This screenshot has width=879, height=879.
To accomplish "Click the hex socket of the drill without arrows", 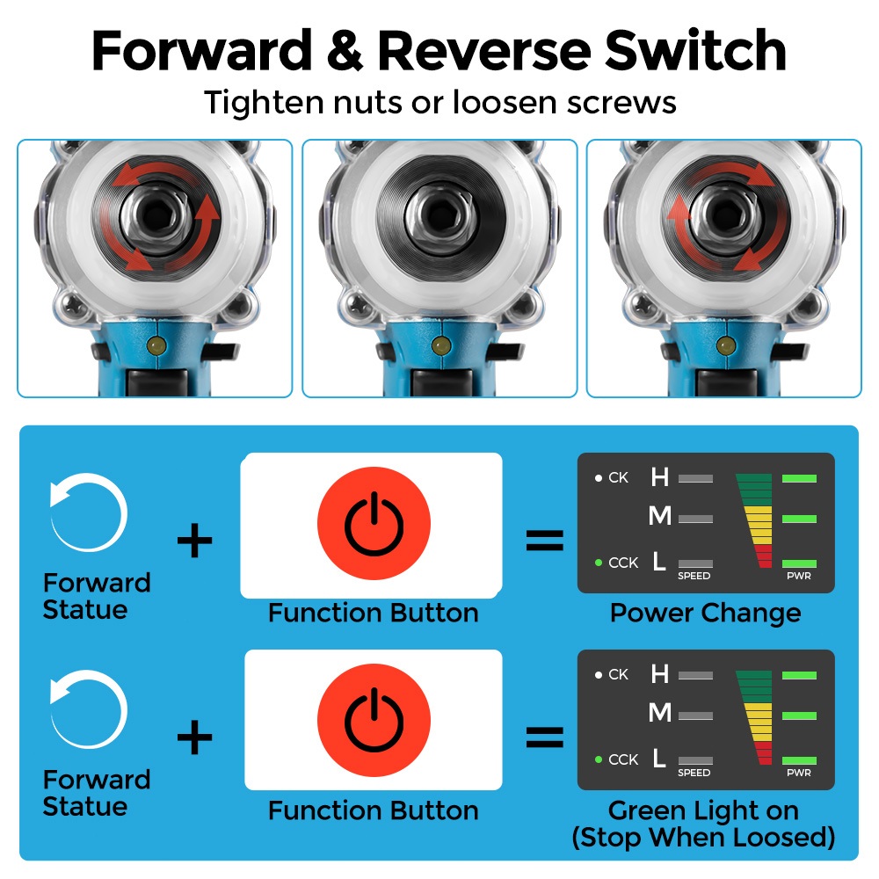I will (x=439, y=213).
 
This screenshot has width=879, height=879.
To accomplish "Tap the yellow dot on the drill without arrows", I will (x=439, y=345).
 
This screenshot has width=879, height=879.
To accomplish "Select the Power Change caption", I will (x=705, y=613).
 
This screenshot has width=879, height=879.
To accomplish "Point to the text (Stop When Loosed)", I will (x=703, y=837).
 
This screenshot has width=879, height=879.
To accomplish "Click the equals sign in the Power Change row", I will (x=545, y=541).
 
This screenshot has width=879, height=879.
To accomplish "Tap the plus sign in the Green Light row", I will (x=194, y=738).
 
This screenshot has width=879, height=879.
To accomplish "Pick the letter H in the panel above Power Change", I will (x=659, y=477).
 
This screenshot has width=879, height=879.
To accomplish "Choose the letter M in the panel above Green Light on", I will (x=659, y=713).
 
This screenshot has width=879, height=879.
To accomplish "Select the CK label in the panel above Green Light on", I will (x=618, y=674).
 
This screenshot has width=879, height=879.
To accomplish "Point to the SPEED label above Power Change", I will (x=694, y=577).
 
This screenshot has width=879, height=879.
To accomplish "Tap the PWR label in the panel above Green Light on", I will (x=799, y=774).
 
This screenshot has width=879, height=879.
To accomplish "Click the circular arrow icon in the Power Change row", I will (x=88, y=512).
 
